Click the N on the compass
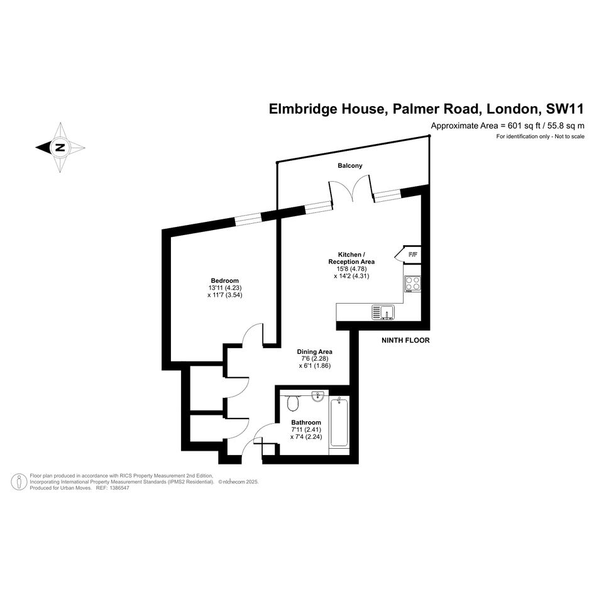(x=60, y=147)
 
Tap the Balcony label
(x=350, y=165)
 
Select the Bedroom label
(x=224, y=281)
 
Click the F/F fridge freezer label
(x=412, y=255)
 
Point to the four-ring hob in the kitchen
(x=412, y=283)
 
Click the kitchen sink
(x=383, y=312)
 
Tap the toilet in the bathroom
(x=293, y=403)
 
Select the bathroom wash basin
(x=318, y=396)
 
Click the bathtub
(x=339, y=422)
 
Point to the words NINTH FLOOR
(x=405, y=340)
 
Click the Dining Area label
(x=314, y=351)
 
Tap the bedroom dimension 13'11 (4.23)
(x=224, y=287)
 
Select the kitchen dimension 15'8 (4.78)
(x=351, y=269)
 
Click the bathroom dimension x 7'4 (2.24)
(x=306, y=437)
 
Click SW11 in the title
(x=564, y=109)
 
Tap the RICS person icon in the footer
(x=19, y=482)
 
